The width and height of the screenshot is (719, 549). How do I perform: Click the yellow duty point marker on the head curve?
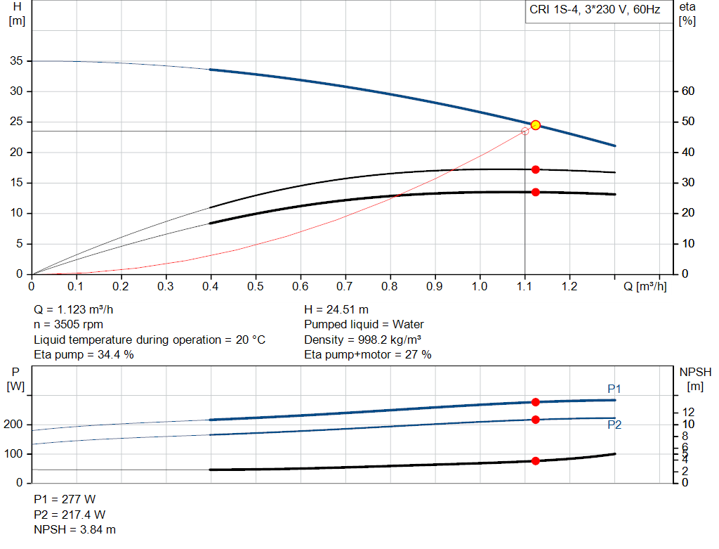(535, 125)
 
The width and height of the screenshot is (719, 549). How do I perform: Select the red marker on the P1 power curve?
(535, 402)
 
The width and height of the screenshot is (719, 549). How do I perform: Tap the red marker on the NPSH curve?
(535, 461)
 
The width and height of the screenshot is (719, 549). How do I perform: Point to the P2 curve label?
(614, 425)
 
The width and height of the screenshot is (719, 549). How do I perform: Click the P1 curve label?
(614, 389)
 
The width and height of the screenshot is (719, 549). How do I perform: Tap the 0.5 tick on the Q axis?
(256, 287)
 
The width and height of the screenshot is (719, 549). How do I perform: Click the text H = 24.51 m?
(336, 309)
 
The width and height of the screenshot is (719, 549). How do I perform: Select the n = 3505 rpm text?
(70, 325)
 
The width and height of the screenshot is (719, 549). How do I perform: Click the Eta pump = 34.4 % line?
(84, 355)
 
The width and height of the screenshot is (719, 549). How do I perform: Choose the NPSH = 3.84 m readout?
(75, 529)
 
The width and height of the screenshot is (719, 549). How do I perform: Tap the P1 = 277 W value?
(65, 499)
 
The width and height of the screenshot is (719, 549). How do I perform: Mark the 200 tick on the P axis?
(14, 425)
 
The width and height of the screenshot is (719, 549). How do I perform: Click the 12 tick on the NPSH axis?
(688, 411)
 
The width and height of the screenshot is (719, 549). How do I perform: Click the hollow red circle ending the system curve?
(525, 131)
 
